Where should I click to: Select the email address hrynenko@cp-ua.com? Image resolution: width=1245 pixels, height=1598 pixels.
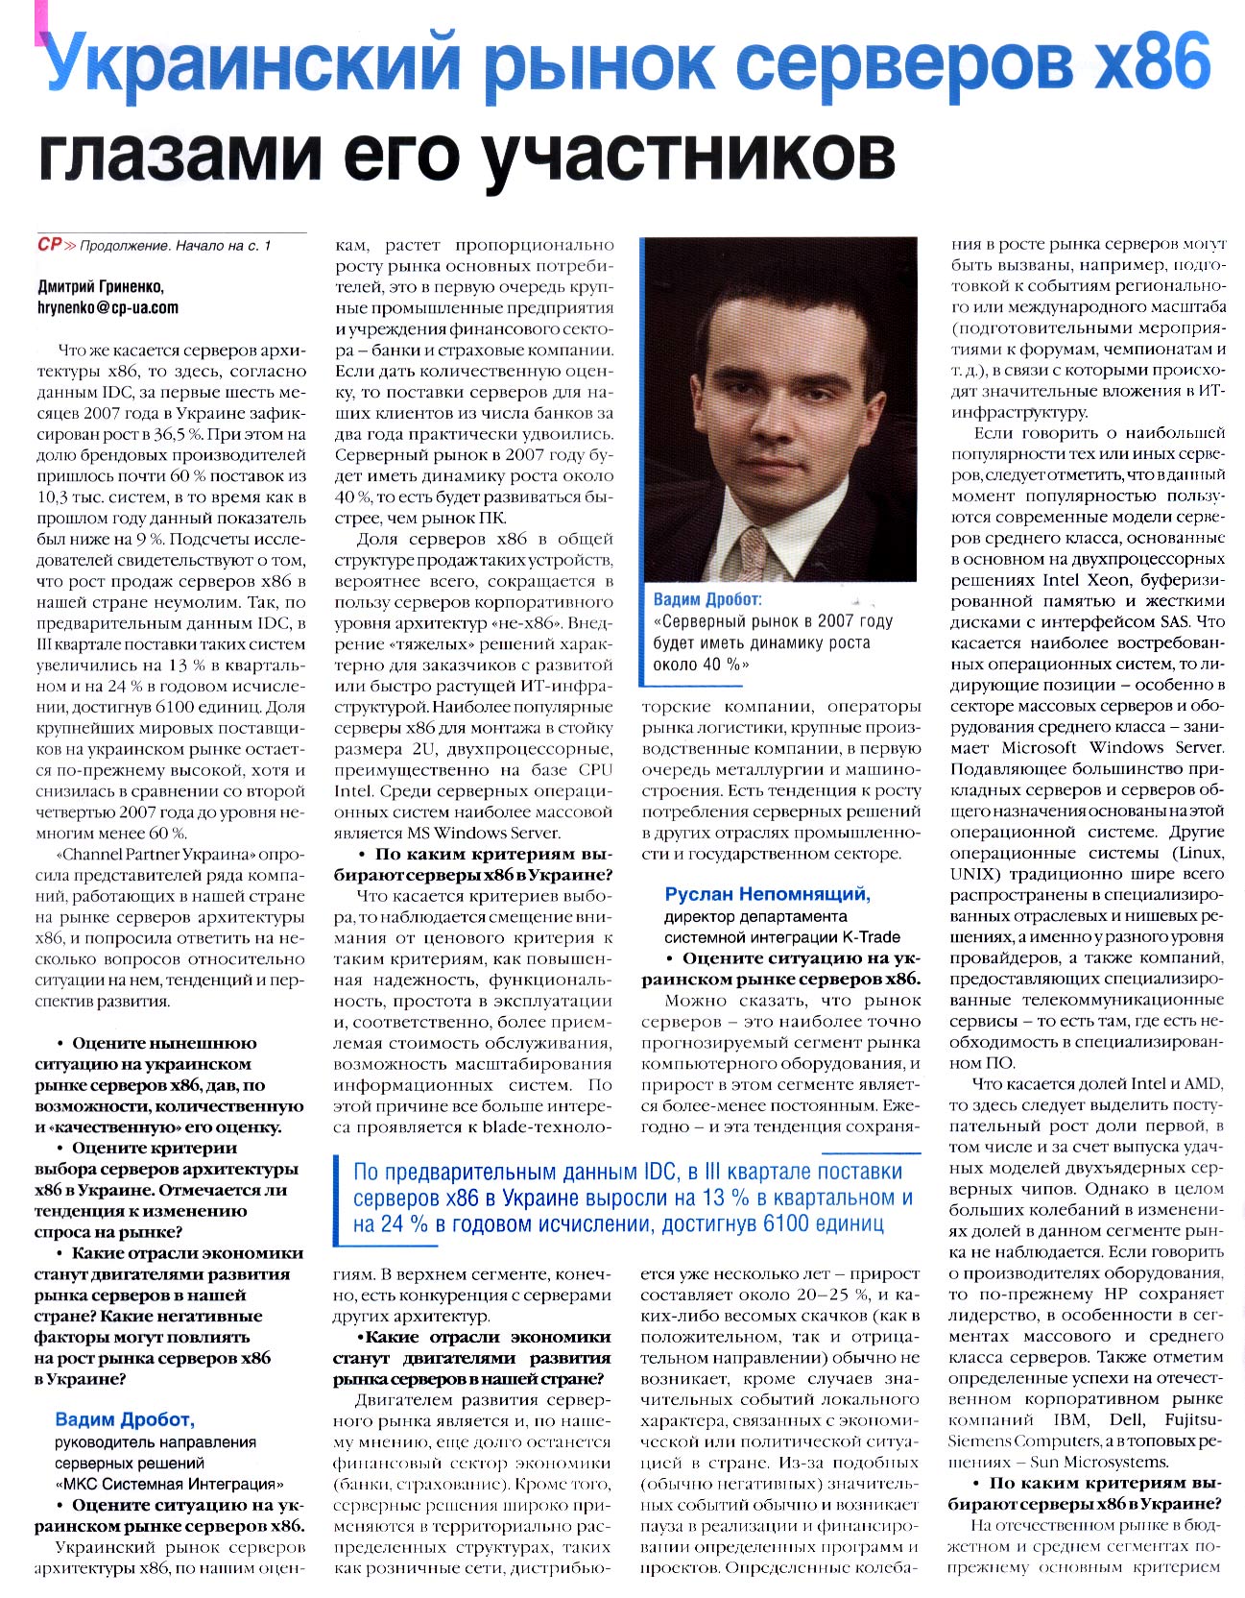(108, 307)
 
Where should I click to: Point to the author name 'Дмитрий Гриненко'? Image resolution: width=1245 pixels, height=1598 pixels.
(101, 286)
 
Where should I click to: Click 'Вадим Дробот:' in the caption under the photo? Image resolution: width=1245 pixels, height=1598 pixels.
(706, 600)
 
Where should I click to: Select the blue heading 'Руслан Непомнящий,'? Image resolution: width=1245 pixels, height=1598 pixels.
(767, 895)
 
